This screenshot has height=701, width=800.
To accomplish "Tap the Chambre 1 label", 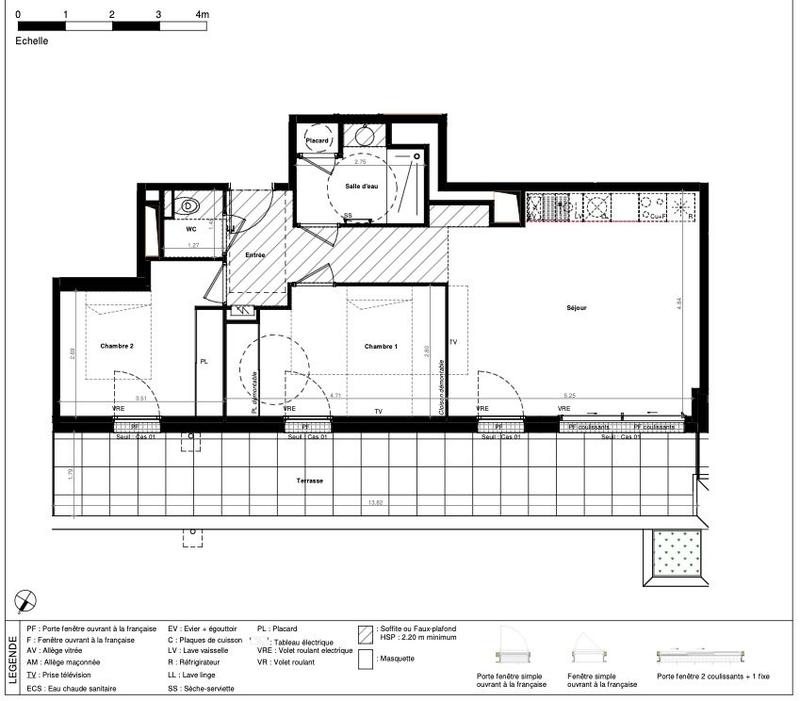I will pyautogui.click(x=381, y=346).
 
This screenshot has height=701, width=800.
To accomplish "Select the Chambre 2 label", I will pyautogui.click(x=117, y=346).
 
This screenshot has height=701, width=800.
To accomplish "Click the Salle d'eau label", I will pyautogui.click(x=361, y=186).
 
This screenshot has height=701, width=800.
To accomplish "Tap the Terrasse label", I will pyautogui.click(x=309, y=481).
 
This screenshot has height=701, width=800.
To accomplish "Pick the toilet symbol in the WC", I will pyautogui.click(x=190, y=207).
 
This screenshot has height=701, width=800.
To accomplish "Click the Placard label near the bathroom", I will pyautogui.click(x=317, y=142).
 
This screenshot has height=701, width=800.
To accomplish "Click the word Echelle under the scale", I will pyautogui.click(x=32, y=42).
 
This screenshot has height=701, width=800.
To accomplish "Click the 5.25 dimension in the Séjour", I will pyautogui.click(x=569, y=395).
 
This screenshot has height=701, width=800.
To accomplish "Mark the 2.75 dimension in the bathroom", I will pyautogui.click(x=361, y=161).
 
